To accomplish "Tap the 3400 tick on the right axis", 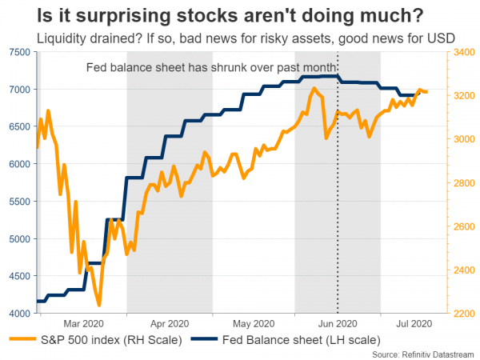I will pyautogui.click(x=462, y=52).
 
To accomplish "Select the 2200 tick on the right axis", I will pyautogui.click(x=462, y=314).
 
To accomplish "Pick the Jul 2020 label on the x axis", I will pyautogui.click(x=414, y=324).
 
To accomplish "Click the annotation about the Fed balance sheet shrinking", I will pyautogui.click(x=204, y=66).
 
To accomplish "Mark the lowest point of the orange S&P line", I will pyautogui.click(x=98, y=305).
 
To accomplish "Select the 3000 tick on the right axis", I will pyautogui.click(x=462, y=139).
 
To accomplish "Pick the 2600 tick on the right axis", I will pyautogui.click(x=462, y=226).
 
